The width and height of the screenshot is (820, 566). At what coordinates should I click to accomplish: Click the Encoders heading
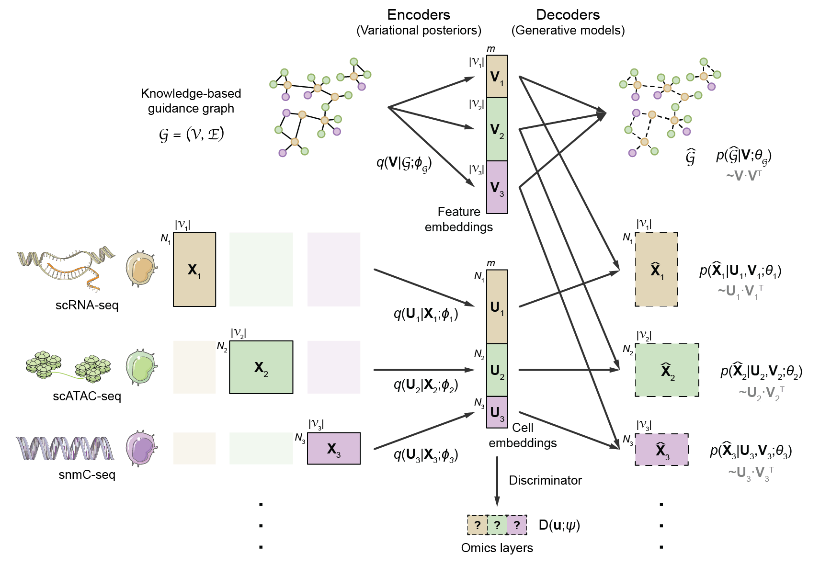coord(418,15)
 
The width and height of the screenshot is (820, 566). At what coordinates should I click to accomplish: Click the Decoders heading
coord(568,15)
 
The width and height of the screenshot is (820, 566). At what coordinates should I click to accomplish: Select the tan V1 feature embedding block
coord(497,77)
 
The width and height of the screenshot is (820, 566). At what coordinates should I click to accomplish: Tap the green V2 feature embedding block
coord(497,129)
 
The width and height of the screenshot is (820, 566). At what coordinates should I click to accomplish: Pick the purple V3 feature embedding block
coord(497,187)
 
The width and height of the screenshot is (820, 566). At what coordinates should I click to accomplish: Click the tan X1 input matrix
coord(194,270)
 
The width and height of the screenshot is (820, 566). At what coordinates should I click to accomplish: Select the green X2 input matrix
coord(261,367)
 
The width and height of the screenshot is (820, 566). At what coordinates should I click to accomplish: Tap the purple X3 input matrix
coord(333,449)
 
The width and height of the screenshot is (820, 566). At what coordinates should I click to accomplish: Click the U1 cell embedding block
coord(497,307)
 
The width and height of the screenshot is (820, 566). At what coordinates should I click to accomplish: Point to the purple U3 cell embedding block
coord(497,412)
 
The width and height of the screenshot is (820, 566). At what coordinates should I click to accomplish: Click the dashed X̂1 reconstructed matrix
coord(656,270)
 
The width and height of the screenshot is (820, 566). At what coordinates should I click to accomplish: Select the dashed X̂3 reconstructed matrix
coord(661,450)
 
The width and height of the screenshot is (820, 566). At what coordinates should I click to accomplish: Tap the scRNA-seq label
coord(87,305)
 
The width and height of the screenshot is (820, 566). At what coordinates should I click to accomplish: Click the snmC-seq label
coord(87,475)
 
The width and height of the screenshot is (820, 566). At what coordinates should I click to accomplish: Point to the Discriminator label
coord(545,480)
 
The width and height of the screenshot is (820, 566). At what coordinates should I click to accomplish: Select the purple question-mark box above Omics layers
coord(517,525)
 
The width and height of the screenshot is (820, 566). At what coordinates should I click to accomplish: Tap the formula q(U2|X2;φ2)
coord(425,385)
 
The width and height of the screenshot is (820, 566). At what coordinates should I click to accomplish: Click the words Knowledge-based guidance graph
coord(191,101)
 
